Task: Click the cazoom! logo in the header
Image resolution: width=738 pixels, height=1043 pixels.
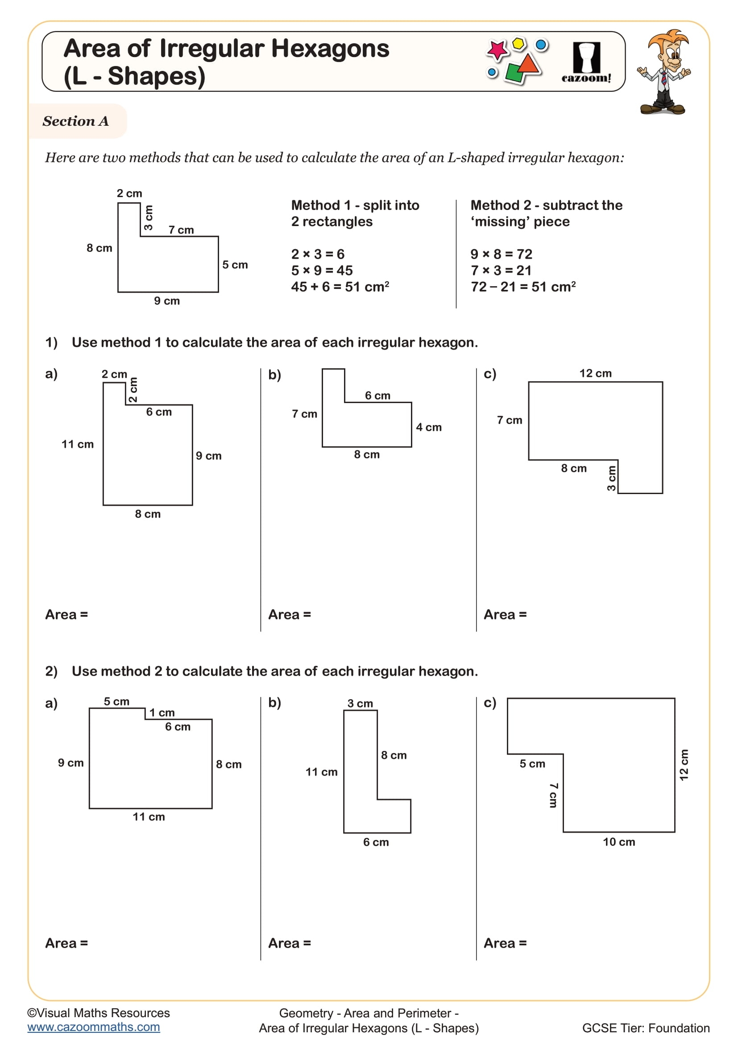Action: coord(586,62)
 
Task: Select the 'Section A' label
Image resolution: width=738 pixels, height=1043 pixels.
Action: coord(76,121)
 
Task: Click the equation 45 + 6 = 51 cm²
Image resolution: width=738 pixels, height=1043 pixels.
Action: coord(340,287)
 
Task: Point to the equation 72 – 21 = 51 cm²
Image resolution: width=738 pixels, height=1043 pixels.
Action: coord(523,287)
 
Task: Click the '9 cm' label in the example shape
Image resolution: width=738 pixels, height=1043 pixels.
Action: coord(167,301)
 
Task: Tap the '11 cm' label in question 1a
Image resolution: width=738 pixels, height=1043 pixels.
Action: coord(78,444)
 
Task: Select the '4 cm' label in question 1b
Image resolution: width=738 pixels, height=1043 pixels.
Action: coord(428,428)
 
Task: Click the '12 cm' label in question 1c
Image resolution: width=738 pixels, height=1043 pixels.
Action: coord(595,373)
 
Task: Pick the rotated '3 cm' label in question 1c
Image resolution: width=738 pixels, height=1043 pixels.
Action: coord(611,478)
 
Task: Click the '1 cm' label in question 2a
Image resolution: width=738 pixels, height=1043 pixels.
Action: coord(162,713)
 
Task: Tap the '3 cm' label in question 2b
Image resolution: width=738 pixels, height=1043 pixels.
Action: coord(361,704)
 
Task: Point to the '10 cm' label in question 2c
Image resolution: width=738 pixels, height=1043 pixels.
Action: coord(619,842)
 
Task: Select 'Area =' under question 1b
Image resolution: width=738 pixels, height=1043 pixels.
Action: coord(290,615)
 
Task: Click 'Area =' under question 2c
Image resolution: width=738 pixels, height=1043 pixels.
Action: coord(505,944)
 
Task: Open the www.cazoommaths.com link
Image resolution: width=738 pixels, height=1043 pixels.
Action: coord(94,1027)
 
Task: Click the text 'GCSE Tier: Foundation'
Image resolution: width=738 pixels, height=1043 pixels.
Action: coord(646,1028)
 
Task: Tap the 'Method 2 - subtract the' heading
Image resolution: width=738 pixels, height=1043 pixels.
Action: coord(546,205)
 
